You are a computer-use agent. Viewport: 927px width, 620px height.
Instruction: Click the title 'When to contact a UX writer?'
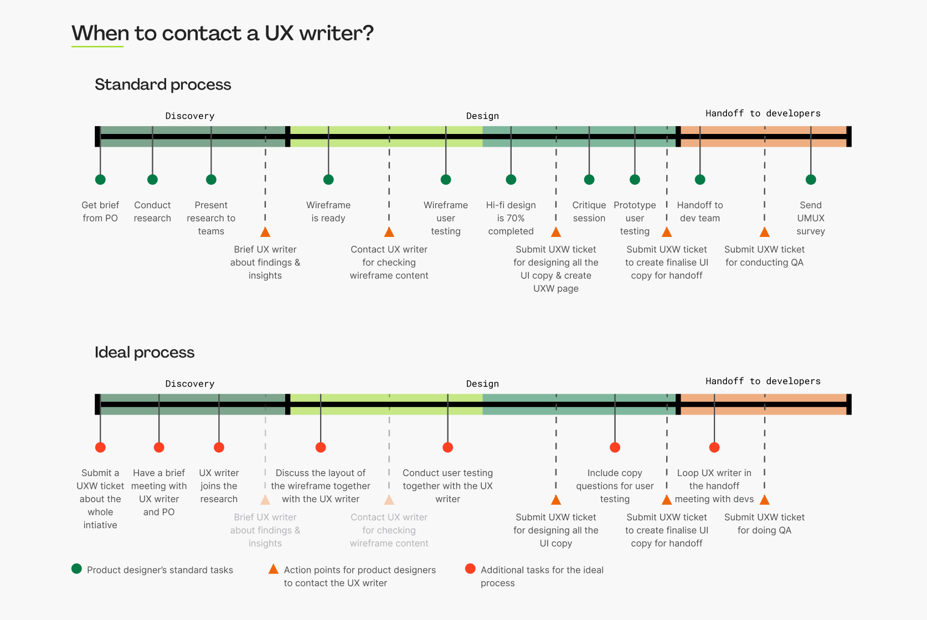[x=223, y=33]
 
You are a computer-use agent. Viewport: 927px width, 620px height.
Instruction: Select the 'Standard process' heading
[x=163, y=84]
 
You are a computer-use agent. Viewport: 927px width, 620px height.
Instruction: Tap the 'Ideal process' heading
[x=145, y=352]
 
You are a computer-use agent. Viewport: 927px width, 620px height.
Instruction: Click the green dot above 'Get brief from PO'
[x=100, y=179]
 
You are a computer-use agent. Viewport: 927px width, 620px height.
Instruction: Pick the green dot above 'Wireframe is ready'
[x=328, y=179]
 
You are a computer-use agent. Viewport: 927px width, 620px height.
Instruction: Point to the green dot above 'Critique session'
[x=589, y=179]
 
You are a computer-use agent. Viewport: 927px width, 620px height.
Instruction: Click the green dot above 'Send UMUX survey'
[x=811, y=179]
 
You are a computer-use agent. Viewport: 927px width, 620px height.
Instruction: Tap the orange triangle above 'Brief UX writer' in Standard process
[x=265, y=232]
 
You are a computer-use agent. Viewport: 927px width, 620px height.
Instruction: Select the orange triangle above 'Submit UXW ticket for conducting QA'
[x=765, y=232]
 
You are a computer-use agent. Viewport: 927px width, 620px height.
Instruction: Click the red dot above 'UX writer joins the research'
[x=219, y=447]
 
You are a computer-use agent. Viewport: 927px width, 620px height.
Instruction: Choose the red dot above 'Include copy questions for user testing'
[x=615, y=447]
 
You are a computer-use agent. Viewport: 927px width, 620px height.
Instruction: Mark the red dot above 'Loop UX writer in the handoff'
[x=714, y=447]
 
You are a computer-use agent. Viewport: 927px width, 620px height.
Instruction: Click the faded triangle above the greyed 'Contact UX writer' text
[x=389, y=500]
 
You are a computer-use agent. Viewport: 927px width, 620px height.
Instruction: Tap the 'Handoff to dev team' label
[x=700, y=211]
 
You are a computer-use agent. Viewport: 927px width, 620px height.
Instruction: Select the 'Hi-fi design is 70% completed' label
[x=511, y=218]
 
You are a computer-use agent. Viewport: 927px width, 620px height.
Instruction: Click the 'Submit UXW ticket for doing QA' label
[x=764, y=524]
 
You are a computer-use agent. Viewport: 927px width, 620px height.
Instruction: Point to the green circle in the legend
[x=76, y=569]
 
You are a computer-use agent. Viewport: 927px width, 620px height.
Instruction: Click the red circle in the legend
[x=470, y=569]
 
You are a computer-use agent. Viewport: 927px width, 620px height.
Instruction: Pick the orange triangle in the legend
[x=274, y=569]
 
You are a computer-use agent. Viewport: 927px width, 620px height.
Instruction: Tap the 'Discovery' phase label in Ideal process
[x=190, y=384]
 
